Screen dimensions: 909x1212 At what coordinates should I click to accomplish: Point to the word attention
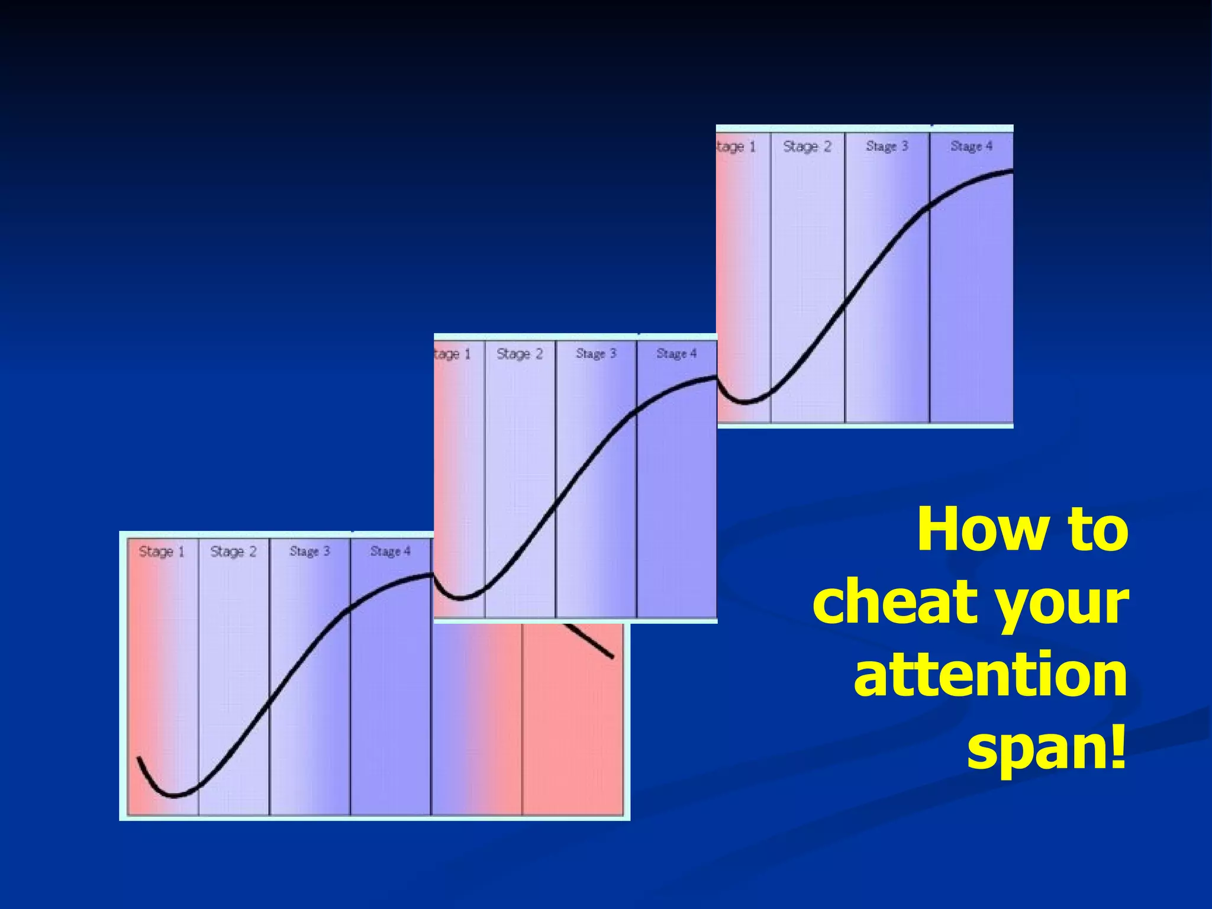click(990, 675)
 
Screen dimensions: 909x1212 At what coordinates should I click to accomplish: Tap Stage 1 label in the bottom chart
click(162, 552)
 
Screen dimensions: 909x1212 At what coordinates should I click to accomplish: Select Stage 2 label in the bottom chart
click(233, 552)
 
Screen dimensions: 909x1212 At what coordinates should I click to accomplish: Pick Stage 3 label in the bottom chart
click(310, 552)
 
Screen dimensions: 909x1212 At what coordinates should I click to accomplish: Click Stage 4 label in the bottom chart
click(390, 552)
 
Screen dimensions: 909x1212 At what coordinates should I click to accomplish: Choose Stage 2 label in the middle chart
click(520, 354)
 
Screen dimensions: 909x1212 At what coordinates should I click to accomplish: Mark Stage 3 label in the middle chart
click(596, 354)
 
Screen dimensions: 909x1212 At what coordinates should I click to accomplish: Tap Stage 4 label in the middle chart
click(676, 354)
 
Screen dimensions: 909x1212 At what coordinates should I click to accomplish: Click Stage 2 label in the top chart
click(807, 146)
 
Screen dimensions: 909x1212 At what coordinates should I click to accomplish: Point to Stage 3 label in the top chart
click(887, 146)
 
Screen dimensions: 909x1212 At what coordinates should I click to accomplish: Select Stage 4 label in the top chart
click(971, 146)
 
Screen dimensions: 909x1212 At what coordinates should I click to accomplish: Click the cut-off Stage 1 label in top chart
click(736, 147)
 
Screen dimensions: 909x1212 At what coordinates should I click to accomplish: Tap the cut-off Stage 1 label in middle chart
click(452, 354)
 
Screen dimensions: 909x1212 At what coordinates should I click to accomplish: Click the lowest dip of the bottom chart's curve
click(174, 795)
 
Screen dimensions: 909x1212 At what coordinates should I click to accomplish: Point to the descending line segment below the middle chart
click(589, 640)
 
